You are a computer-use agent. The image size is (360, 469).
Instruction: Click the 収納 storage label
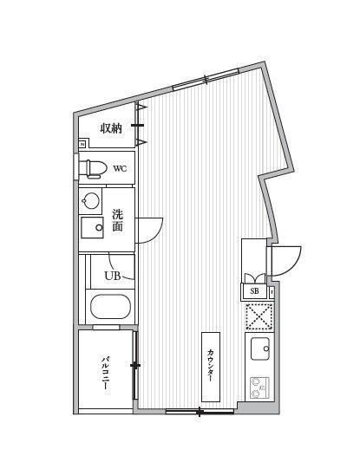point(110,129)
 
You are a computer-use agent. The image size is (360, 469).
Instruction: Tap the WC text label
point(119,168)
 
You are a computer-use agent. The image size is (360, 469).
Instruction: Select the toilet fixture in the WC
point(94,167)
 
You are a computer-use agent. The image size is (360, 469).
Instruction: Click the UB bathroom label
point(113,276)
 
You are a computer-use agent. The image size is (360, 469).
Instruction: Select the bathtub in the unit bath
point(109,307)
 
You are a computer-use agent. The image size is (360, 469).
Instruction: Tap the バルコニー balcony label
point(105,374)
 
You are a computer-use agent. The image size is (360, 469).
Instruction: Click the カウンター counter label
point(211,367)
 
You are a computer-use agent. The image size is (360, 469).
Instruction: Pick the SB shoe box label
point(254,291)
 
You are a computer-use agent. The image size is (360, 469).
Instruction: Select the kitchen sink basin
point(260,349)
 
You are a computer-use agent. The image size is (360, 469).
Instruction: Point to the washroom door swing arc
point(149,229)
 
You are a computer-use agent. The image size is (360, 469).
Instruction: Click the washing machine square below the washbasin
point(91,228)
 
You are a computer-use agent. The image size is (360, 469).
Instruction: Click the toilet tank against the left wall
point(82,167)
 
